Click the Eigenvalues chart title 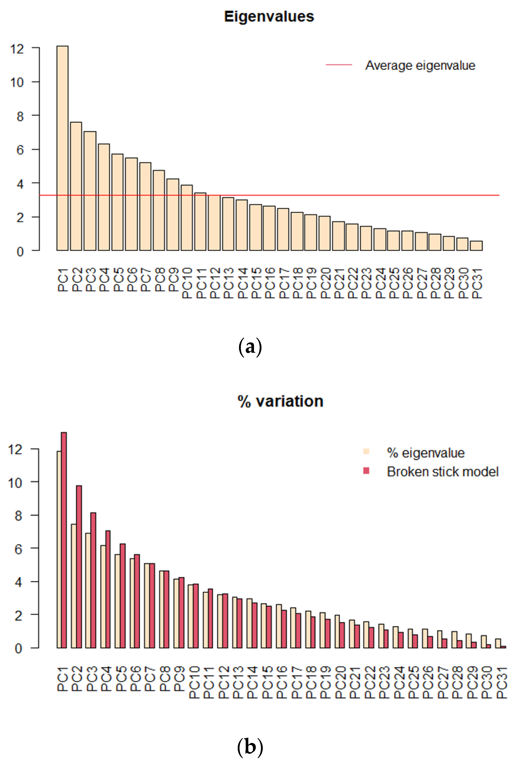point(269,17)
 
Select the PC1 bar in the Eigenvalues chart point(62,149)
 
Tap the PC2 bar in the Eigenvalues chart point(76,187)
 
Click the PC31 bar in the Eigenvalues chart point(476,246)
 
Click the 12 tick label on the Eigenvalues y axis point(17,49)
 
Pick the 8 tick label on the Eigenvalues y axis point(20,116)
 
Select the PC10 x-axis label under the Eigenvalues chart point(187,283)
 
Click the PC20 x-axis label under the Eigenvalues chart point(325,283)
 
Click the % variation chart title point(280,401)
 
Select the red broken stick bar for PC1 point(64,541)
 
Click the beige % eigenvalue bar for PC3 point(88,591)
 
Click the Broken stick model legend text point(442,472)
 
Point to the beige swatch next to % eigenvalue point(366,451)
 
